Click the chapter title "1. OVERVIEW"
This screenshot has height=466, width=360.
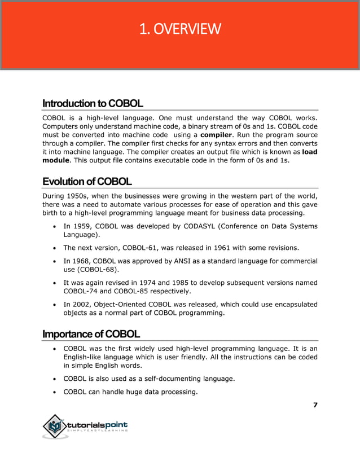(x=180, y=28)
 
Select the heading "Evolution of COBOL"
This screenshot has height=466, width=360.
(x=87, y=182)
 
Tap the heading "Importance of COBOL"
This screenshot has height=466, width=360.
(x=91, y=333)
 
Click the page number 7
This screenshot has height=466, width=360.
(x=315, y=405)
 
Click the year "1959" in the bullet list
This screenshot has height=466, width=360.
(x=82, y=226)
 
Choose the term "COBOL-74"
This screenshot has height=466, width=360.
(x=82, y=291)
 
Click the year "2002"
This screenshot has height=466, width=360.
(x=82, y=305)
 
